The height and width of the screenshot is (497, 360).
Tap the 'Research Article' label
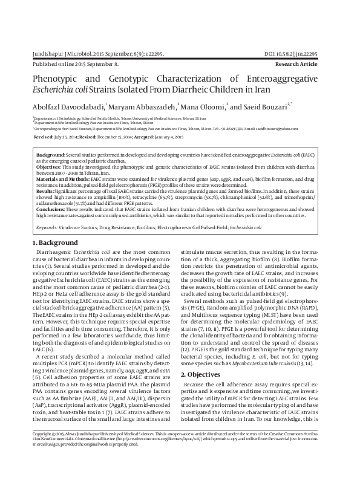[310, 63]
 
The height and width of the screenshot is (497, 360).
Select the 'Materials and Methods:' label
[62, 180]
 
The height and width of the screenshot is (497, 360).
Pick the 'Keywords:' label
[47, 227]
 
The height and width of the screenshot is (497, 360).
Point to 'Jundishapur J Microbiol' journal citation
[65, 54]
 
